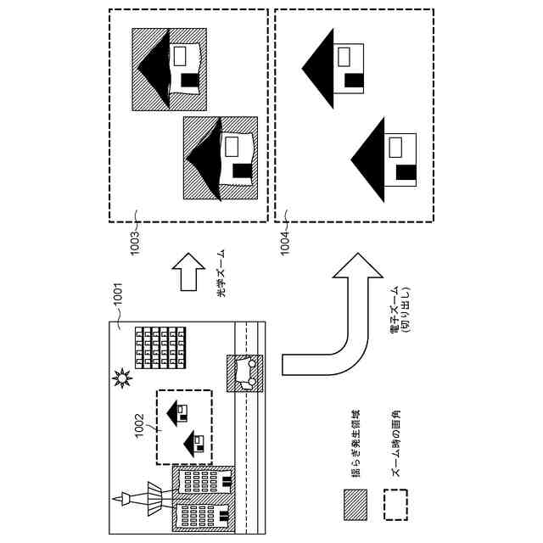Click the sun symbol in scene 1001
tap(124, 377)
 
